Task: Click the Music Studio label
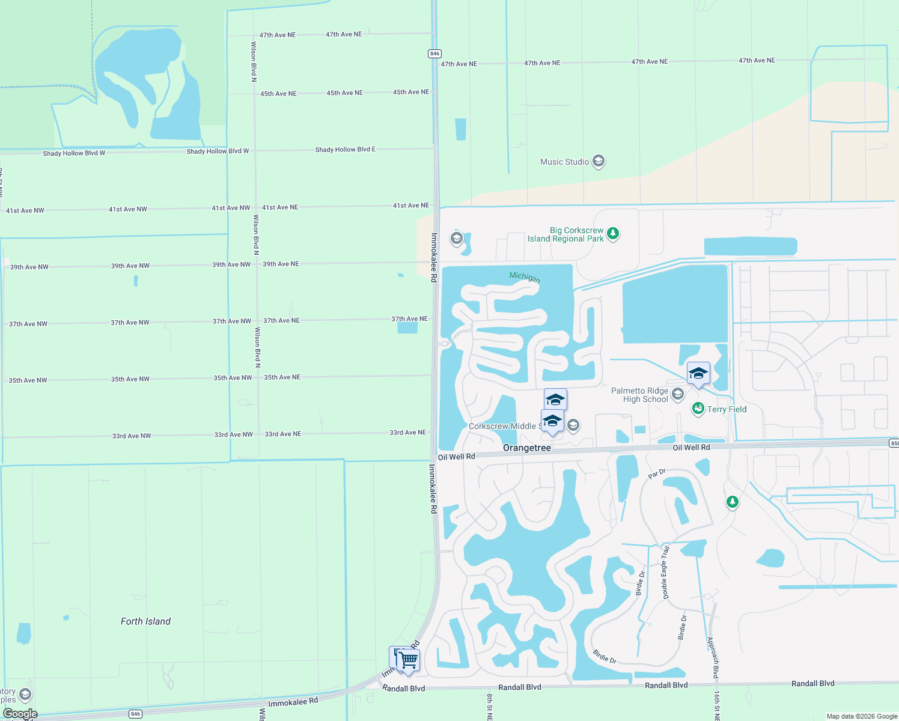(x=564, y=162)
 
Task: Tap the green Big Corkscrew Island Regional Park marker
(x=613, y=233)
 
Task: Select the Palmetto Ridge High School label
(x=639, y=395)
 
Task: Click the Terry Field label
(x=727, y=409)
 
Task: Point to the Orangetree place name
(x=526, y=448)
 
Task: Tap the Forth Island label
(x=145, y=621)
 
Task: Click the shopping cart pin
(x=409, y=660)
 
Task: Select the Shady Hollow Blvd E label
(x=345, y=149)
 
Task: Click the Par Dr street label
(x=657, y=473)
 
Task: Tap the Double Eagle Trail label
(x=666, y=572)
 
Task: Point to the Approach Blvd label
(x=713, y=657)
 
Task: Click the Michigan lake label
(x=525, y=277)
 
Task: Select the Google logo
(x=20, y=714)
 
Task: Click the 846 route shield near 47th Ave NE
(x=434, y=53)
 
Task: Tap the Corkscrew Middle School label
(x=502, y=426)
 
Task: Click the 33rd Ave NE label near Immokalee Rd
(x=407, y=432)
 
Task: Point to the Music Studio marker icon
(x=598, y=161)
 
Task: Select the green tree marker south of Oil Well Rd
(x=732, y=501)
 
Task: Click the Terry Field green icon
(x=698, y=409)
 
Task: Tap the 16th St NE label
(x=717, y=705)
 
